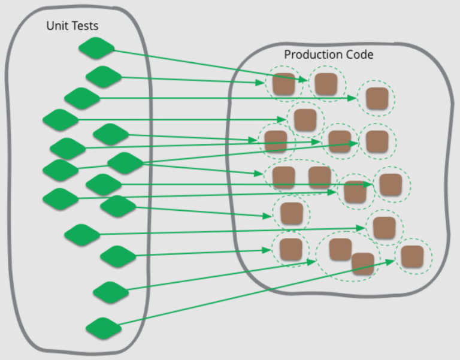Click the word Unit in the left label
pyautogui.click(x=56, y=26)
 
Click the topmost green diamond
pyautogui.click(x=96, y=48)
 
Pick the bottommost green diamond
pyautogui.click(x=104, y=328)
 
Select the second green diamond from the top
pyautogui.click(x=104, y=77)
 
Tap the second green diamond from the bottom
pyautogui.click(x=111, y=292)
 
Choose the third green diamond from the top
pyautogui.click(x=82, y=98)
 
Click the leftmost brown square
pyautogui.click(x=276, y=142)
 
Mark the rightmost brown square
pyautogui.click(x=412, y=257)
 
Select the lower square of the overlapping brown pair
pyautogui.click(x=363, y=264)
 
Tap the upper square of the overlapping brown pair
pyautogui.click(x=340, y=249)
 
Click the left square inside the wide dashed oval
pyautogui.click(x=284, y=177)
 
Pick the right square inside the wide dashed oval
pyautogui.click(x=320, y=177)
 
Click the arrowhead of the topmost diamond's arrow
pyautogui.click(x=303, y=79)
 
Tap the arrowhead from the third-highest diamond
pyautogui.click(x=352, y=98)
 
